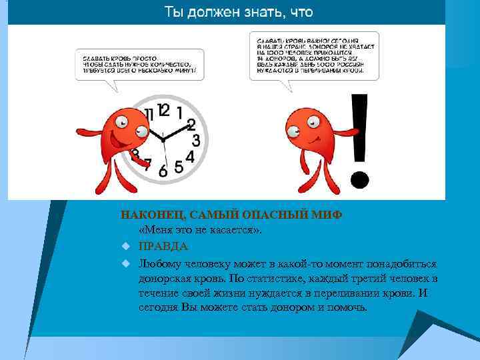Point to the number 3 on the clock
[196, 141]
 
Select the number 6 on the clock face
[163, 171]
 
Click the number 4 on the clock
[189, 157]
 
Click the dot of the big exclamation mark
[360, 179]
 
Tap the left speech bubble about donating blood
[137, 64]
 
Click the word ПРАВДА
[154, 246]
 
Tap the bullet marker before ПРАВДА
[124, 247]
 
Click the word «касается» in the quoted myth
[226, 230]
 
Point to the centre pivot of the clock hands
[162, 138]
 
